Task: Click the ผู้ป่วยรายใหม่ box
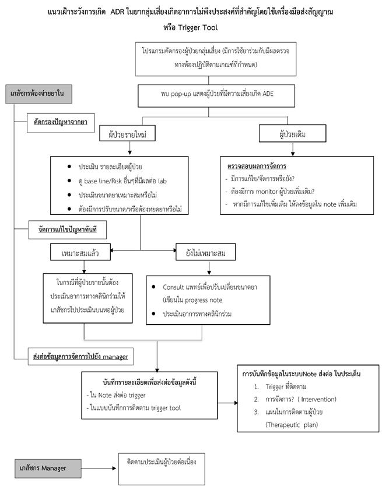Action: (126, 134)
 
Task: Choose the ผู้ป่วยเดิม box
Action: (292, 134)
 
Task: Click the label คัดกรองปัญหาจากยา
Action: (60, 123)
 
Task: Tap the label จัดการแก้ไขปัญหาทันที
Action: (62, 230)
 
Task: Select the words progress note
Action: (208, 299)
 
